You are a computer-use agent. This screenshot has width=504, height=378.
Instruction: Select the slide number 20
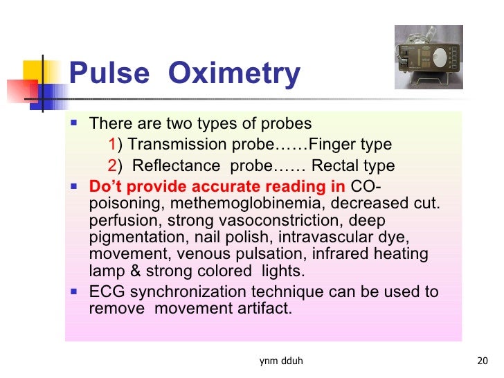point(483,361)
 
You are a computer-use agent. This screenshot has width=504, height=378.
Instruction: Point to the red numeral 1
point(113,145)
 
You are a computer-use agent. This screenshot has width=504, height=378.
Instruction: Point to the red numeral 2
point(113,166)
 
